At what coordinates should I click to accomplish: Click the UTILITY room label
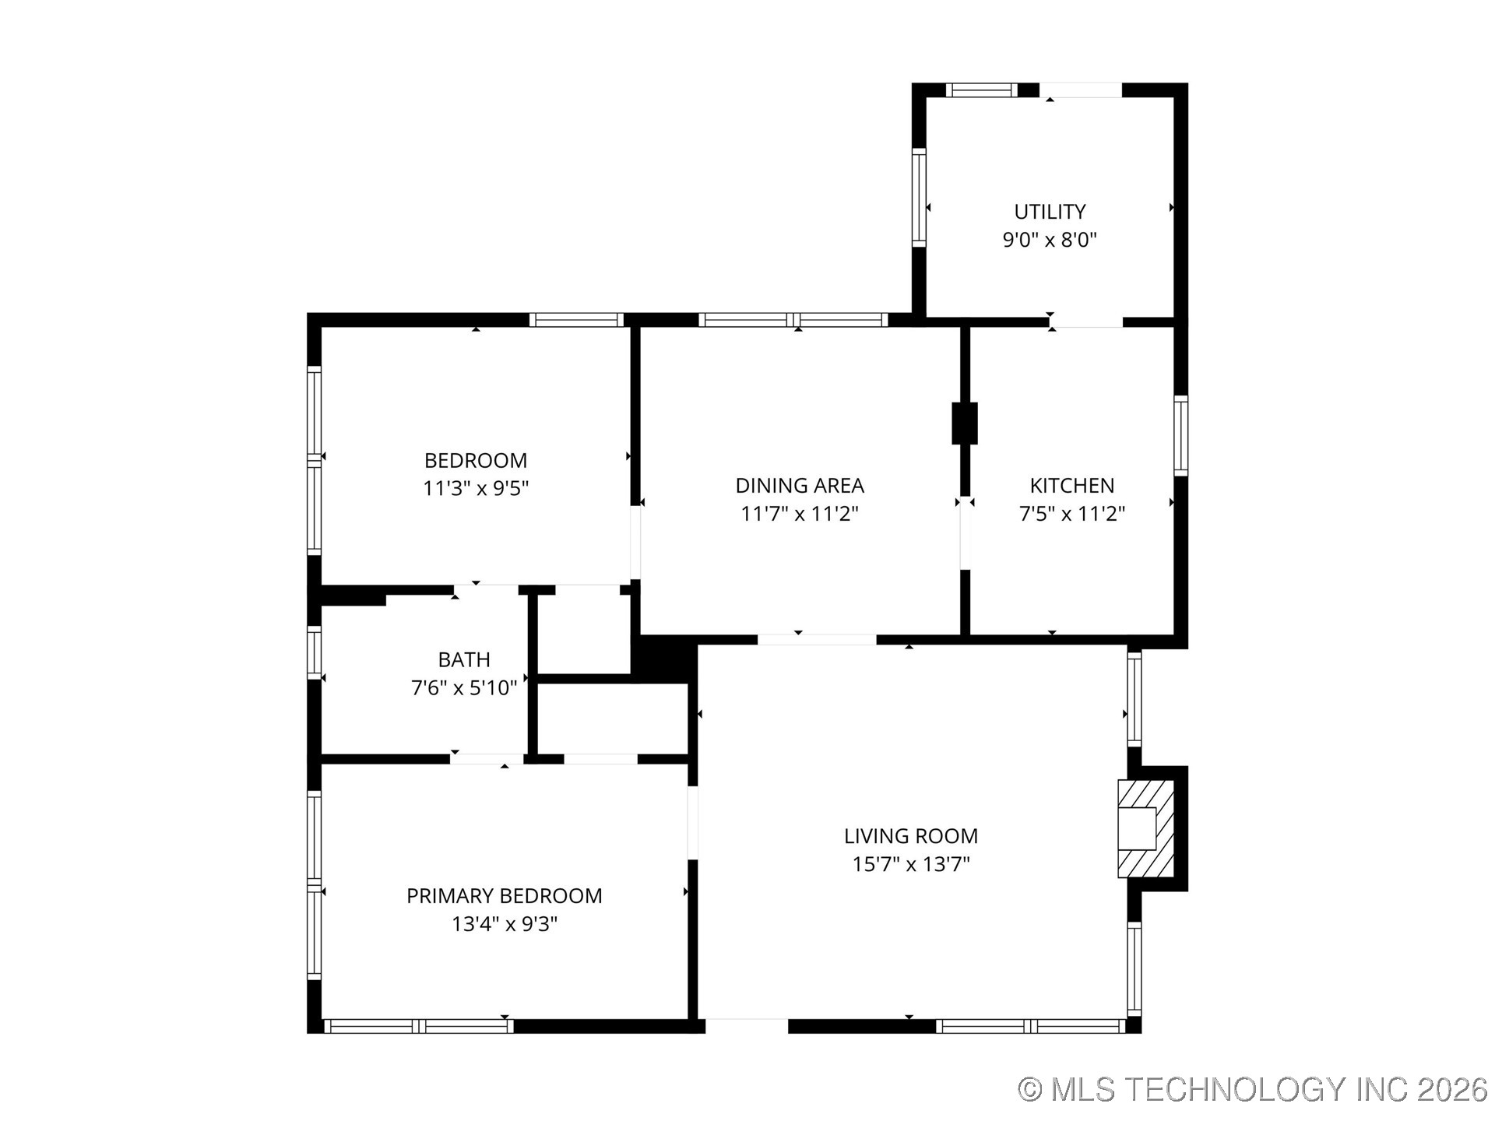click(x=1050, y=212)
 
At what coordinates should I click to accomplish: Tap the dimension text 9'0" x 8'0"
click(x=1050, y=240)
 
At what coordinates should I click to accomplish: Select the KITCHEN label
click(x=1071, y=486)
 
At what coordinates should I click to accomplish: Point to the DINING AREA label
click(x=800, y=486)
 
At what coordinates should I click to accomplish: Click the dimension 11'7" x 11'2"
click(x=800, y=514)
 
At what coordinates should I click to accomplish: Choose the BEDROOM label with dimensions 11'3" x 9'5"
click(x=475, y=460)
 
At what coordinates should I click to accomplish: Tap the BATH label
click(x=464, y=660)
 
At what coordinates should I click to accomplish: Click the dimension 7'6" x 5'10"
click(x=464, y=688)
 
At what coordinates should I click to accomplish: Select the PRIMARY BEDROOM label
click(x=505, y=896)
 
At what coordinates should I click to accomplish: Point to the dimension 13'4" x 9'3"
click(x=505, y=924)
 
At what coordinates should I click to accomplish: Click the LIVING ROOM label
click(x=910, y=836)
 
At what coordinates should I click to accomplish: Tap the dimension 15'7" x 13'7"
click(x=910, y=864)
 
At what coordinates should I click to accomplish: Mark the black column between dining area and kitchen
click(x=965, y=423)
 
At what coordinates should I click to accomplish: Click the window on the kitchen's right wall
click(x=1180, y=436)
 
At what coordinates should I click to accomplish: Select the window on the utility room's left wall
click(x=919, y=198)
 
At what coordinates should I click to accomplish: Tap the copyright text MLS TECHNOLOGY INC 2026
click(x=1253, y=1089)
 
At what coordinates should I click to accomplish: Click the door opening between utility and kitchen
click(x=1086, y=321)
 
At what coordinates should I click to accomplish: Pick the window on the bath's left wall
click(x=314, y=652)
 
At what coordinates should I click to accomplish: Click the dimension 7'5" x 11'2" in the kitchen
click(x=1071, y=514)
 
